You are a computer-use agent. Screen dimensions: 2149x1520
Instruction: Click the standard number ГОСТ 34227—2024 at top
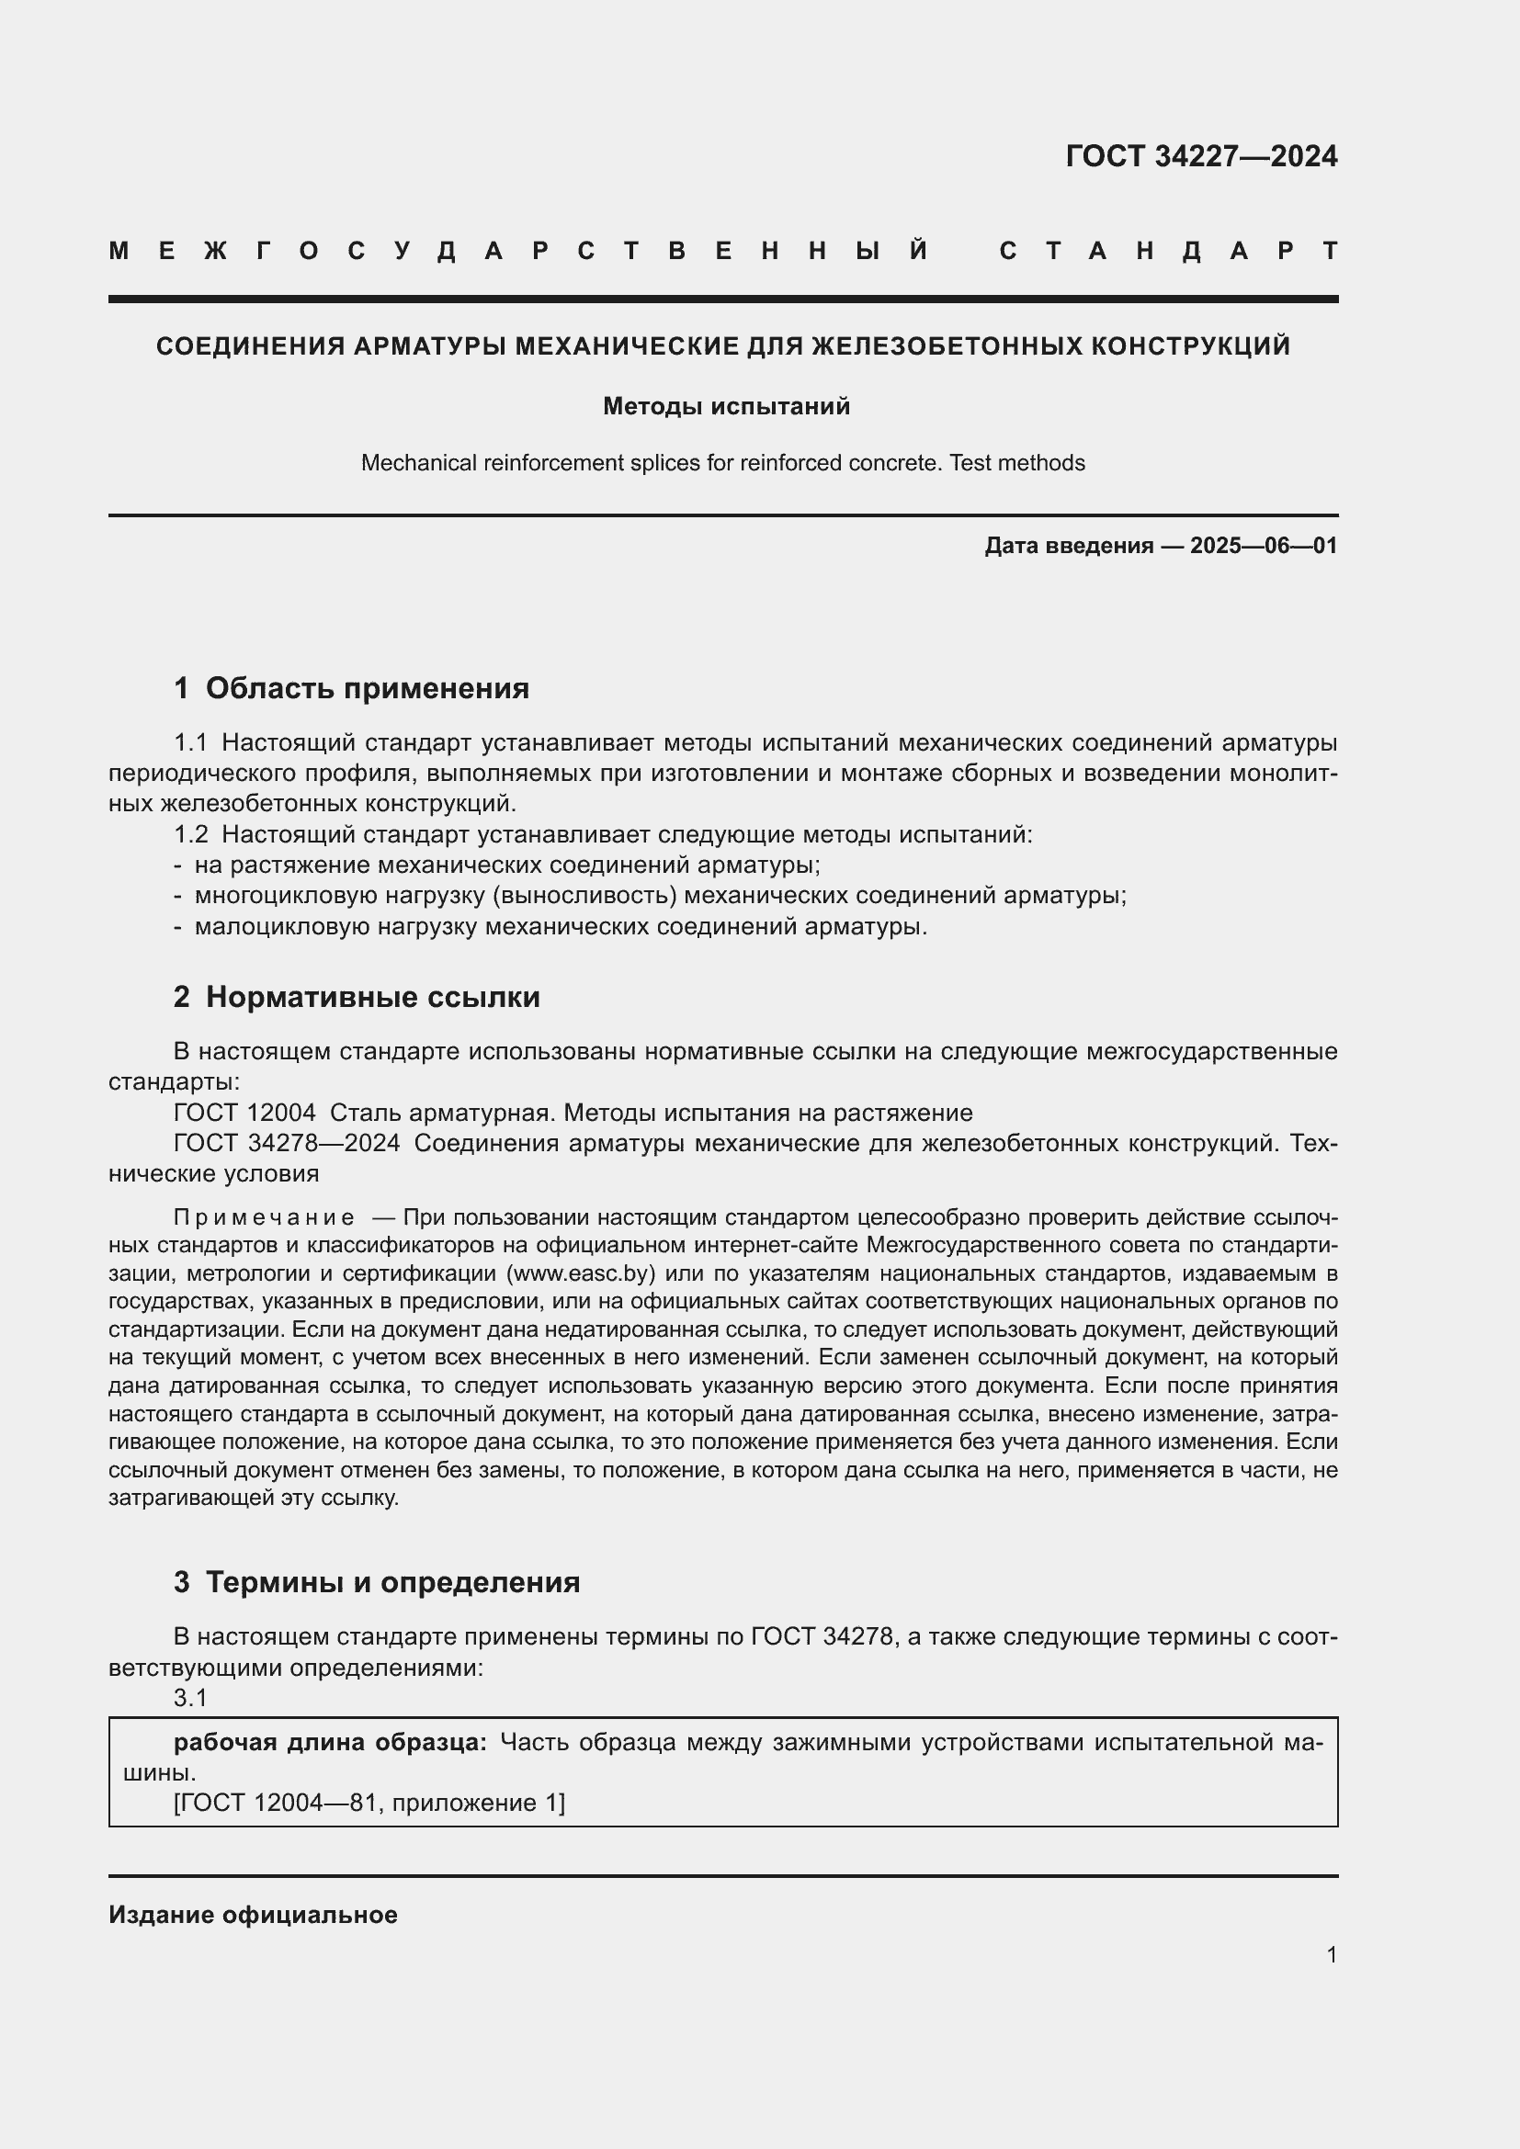[x=1201, y=156]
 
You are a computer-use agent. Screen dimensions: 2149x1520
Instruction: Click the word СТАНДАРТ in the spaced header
[x=1168, y=251]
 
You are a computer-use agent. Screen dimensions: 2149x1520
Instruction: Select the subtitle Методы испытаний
[x=726, y=406]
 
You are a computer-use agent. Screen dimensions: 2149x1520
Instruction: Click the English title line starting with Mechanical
[x=722, y=463]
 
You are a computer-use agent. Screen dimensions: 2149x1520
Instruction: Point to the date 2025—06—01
[x=1264, y=546]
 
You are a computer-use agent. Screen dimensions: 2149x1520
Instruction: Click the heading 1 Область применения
[x=351, y=688]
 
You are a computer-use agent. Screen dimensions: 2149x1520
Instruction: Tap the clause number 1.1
[x=190, y=743]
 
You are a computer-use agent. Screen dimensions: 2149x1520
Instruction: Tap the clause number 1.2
[x=190, y=834]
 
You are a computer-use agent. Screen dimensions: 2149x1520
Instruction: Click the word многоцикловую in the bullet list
[x=277, y=896]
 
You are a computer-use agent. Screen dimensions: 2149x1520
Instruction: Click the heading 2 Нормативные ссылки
[x=357, y=997]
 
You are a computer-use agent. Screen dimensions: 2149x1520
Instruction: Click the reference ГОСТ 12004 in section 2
[x=244, y=1113]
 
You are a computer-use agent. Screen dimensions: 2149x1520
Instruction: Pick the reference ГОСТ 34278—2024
[x=287, y=1143]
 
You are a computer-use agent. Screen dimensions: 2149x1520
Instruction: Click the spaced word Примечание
[x=264, y=1217]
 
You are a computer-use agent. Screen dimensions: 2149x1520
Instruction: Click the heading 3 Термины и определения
[x=376, y=1582]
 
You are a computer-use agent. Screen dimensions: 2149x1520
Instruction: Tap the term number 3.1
[x=190, y=1698]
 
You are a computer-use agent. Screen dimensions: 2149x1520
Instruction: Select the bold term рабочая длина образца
[x=330, y=1742]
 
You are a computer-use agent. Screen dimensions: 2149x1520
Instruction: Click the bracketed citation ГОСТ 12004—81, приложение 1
[x=369, y=1803]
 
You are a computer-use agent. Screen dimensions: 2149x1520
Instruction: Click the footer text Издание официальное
[x=253, y=1915]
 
